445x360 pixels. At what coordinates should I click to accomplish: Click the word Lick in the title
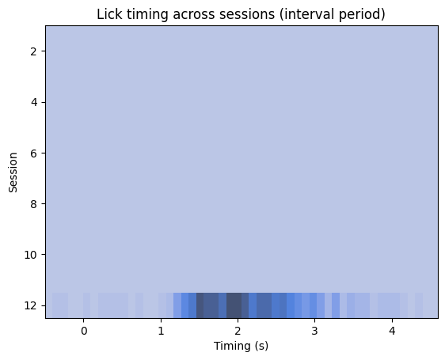(108, 14)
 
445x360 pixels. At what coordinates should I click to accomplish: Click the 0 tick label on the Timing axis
(84, 331)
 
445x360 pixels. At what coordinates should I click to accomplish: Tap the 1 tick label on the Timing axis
(161, 331)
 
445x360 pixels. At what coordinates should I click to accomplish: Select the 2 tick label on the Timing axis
(238, 331)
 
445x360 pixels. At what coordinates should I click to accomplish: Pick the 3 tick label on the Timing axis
(314, 331)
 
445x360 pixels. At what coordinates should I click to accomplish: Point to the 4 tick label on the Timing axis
(391, 331)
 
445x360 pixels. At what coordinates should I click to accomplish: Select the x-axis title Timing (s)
(242, 346)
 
